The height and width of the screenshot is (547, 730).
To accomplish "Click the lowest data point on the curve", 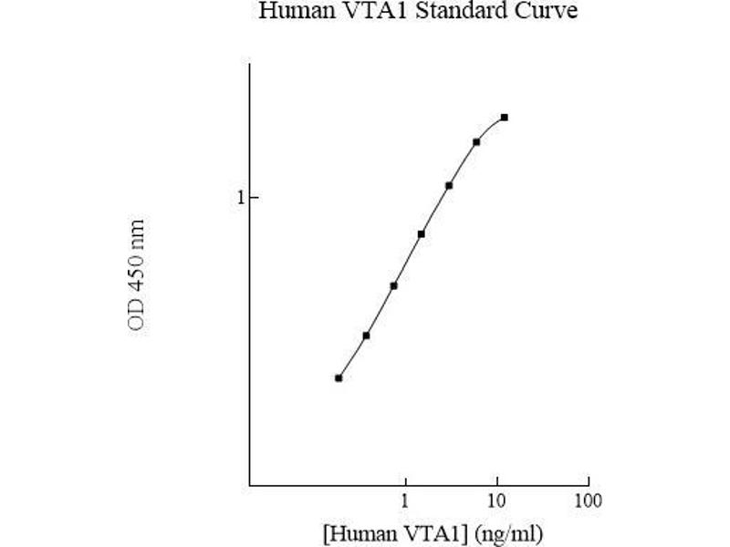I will [339, 377].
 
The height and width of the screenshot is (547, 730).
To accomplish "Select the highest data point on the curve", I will [505, 118].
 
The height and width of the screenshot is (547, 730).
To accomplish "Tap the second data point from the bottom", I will [366, 335].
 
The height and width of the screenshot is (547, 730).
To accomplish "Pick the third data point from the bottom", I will [393, 285].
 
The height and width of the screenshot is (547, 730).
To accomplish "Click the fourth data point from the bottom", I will [422, 233].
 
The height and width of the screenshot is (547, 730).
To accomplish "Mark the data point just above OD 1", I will [449, 185].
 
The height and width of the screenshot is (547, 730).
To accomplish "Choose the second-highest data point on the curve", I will [476, 142].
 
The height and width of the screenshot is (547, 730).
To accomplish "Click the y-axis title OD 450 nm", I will [137, 274].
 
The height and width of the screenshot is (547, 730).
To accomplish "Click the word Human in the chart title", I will [288, 12].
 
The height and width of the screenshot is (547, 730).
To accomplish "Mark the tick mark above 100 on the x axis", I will [588, 482].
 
